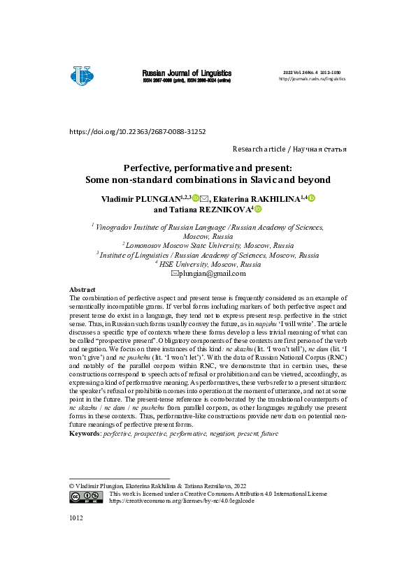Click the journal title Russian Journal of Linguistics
[x=187, y=73]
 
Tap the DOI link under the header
[x=137, y=131]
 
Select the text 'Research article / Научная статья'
[x=289, y=149]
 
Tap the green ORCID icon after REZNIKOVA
[x=258, y=209]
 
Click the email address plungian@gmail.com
[x=212, y=273]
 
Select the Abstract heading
[x=83, y=289]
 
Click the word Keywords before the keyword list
[x=85, y=434]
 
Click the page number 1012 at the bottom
[x=76, y=518]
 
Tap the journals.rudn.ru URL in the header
[x=312, y=79]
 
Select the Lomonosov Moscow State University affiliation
[x=209, y=246]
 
